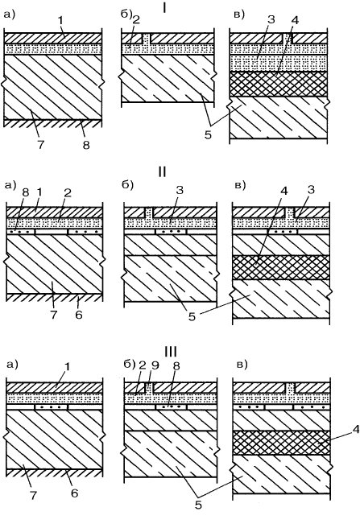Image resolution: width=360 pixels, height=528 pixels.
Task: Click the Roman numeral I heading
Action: click(163, 8)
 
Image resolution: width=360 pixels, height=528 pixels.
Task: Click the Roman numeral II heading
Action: click(162, 171)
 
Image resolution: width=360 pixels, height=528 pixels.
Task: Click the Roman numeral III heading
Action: click(171, 352)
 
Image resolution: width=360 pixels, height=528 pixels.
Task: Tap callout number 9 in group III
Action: click(156, 365)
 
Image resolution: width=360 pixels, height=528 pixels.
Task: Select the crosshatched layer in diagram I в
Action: click(278, 84)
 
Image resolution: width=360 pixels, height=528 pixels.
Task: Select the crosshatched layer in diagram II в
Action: click(281, 267)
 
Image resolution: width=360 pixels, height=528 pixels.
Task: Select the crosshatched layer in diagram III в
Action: click(281, 443)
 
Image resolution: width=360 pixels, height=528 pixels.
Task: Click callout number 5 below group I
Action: click(208, 134)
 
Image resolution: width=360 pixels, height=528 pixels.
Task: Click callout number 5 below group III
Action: click(198, 505)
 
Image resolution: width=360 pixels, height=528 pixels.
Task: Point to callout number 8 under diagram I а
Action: click(86, 145)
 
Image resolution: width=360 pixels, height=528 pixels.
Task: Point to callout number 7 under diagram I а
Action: click(40, 145)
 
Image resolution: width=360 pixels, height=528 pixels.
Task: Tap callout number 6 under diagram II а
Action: click(79, 315)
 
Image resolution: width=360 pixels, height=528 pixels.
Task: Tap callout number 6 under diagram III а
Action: click(74, 493)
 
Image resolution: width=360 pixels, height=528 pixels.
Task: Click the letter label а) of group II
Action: click(10, 185)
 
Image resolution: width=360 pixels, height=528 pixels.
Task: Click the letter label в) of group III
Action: click(242, 365)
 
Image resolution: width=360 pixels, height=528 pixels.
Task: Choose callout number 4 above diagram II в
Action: click(283, 192)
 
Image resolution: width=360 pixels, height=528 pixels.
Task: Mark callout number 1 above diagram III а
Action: click(67, 366)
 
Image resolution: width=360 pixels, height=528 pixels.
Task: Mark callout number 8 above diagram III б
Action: click(176, 365)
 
